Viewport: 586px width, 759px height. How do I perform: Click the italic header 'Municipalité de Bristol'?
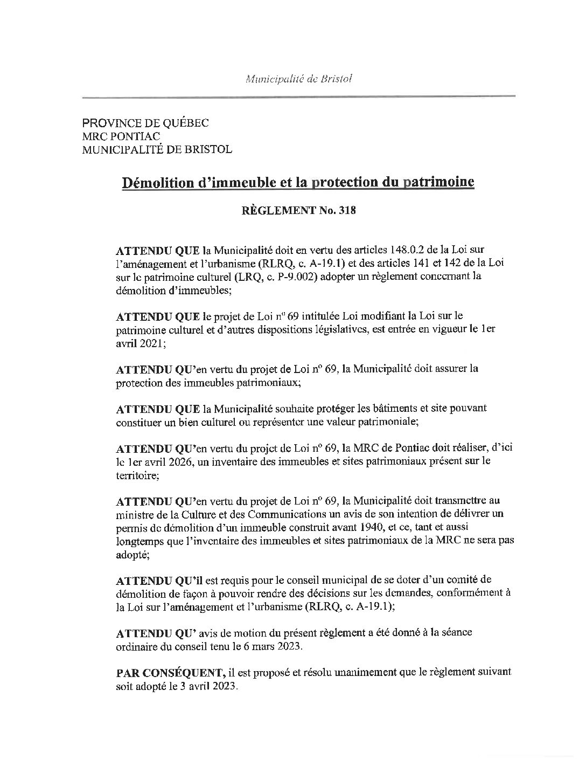point(298,79)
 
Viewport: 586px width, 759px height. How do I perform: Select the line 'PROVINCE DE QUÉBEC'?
point(145,123)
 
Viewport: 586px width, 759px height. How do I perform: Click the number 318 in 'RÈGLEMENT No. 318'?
point(347,211)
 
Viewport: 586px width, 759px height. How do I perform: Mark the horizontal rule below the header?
point(298,96)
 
